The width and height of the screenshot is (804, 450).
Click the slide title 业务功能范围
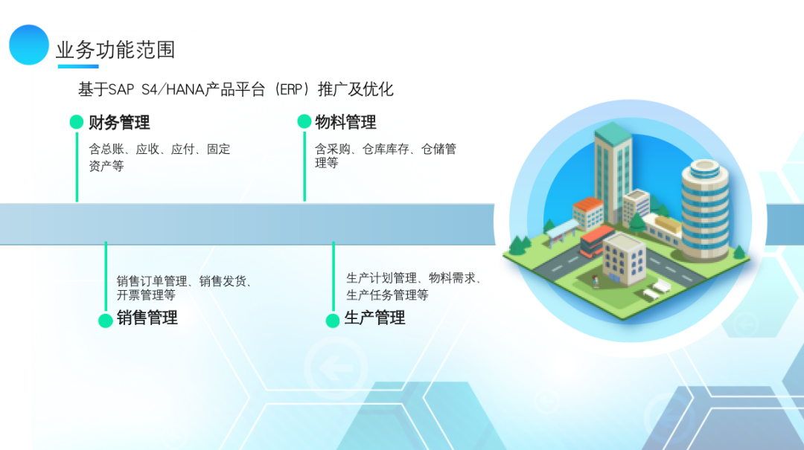pos(115,50)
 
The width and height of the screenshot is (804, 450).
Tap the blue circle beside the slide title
pos(29,45)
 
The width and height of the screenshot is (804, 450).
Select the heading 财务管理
pos(119,122)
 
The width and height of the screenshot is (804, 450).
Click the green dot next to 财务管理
pos(77,122)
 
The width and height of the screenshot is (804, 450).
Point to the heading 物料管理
pos(345,122)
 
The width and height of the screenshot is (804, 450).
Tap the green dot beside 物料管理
pos(304,122)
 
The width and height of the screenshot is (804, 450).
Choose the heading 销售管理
pos(147,318)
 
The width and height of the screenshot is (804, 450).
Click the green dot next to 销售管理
pos(106,321)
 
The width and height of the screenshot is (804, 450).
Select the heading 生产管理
pos(374,318)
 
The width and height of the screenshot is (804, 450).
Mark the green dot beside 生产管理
pos(333,321)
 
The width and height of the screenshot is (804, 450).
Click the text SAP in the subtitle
pos(119,90)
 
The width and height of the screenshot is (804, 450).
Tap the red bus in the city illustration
pos(597,240)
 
